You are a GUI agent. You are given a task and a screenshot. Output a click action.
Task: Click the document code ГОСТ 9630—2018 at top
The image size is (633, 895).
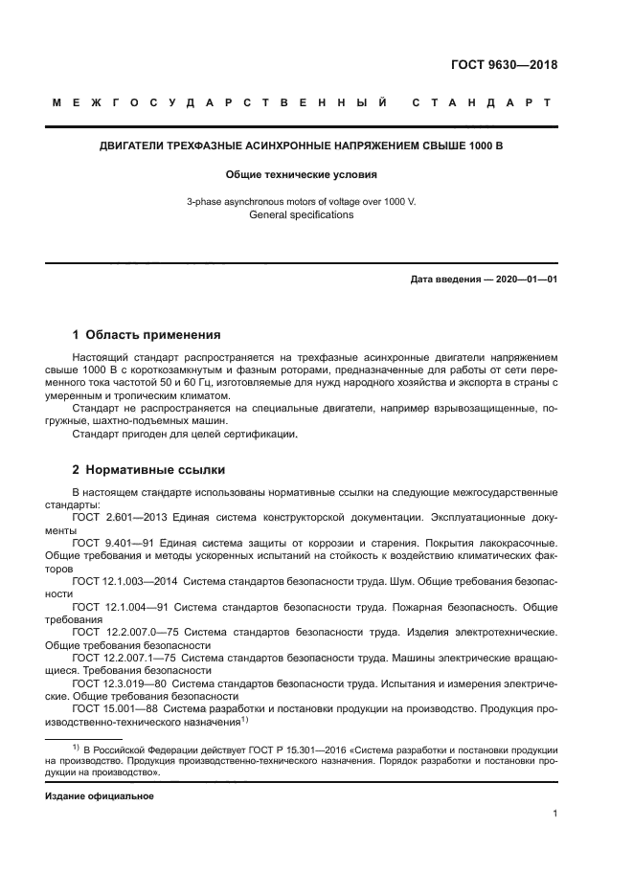pyautogui.click(x=504, y=65)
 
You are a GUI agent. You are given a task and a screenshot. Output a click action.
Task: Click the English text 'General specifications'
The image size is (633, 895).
pyautogui.click(x=301, y=215)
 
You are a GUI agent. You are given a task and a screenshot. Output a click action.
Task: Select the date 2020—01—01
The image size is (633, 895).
pyautogui.click(x=521, y=279)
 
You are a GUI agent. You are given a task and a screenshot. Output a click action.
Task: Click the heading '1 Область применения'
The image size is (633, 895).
pyautogui.click(x=147, y=335)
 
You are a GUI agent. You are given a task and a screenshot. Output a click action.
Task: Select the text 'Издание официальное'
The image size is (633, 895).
pyautogui.click(x=99, y=795)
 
